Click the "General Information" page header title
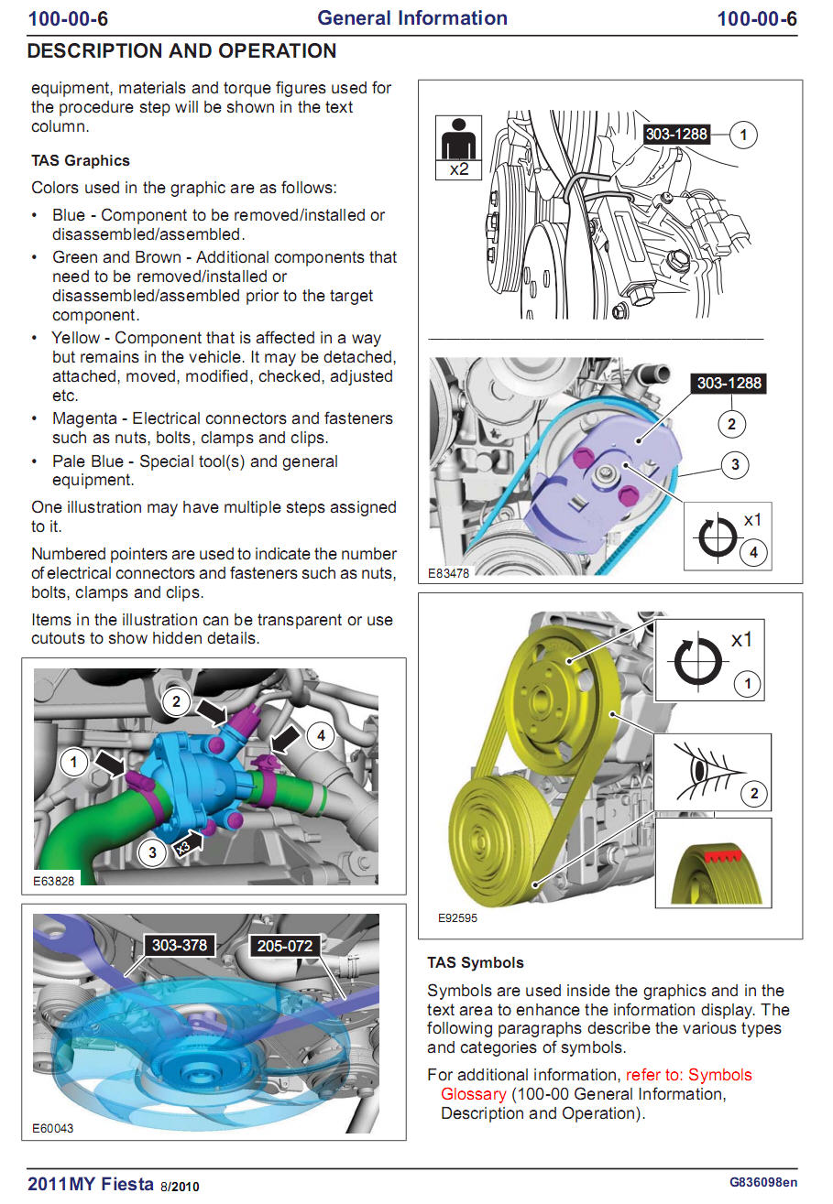411,18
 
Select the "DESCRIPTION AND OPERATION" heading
181,51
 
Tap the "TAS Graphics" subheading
81,161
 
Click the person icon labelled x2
458,146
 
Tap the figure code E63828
53,881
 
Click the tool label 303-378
179,945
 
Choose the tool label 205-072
285,946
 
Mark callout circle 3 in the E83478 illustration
735,465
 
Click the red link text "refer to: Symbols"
688,1075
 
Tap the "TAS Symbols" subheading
476,963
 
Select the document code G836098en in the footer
762,1182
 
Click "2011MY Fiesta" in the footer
91,1184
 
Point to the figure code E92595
457,917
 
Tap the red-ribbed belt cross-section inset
712,865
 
